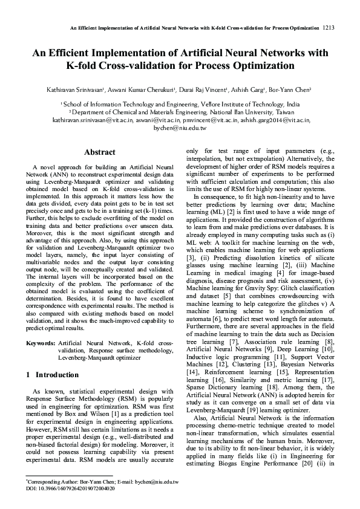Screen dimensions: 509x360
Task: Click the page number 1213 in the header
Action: click(x=329, y=28)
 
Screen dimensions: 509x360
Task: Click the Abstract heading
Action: click(x=100, y=152)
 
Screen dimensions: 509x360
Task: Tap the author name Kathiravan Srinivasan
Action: click(x=74, y=89)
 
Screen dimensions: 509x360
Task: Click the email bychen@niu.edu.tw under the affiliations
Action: click(x=180, y=128)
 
